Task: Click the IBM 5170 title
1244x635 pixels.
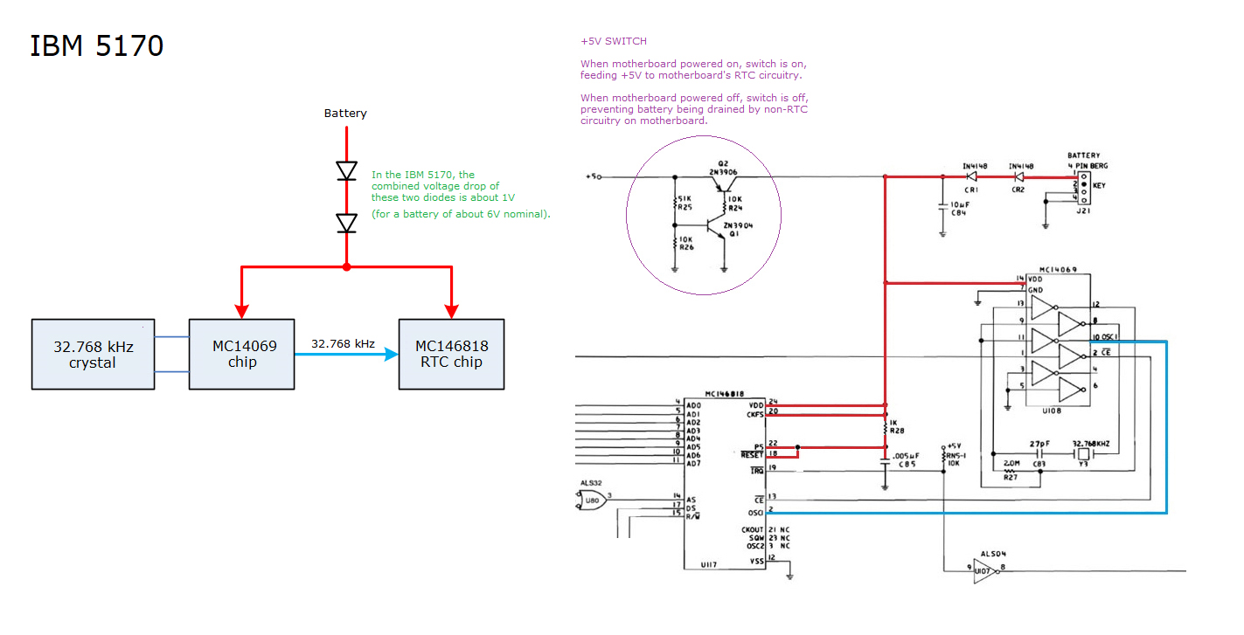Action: (97, 45)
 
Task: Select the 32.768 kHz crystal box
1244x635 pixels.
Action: (93, 354)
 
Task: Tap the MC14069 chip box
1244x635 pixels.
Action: (241, 354)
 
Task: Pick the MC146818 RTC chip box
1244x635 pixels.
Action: (451, 354)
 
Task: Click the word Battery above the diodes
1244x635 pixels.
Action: (345, 114)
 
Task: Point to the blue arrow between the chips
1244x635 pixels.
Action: (346, 354)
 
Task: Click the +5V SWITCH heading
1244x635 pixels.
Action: (614, 41)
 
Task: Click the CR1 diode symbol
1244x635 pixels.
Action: (971, 177)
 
